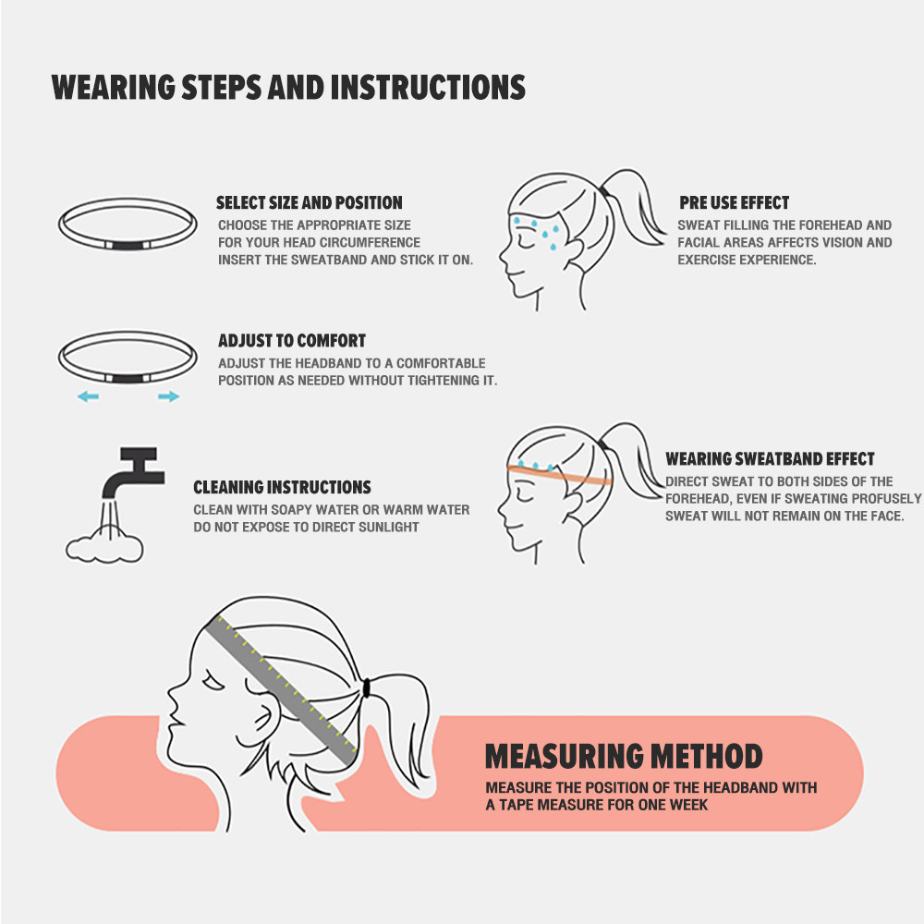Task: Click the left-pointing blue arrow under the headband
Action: [x=88, y=396]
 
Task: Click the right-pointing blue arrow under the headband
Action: [x=168, y=396]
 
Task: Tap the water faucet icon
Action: [x=132, y=471]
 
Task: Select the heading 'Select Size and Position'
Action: [x=310, y=202]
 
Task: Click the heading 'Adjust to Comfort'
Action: [x=292, y=341]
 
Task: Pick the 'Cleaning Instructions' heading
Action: [x=282, y=487]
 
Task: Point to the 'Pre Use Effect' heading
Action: [x=735, y=202]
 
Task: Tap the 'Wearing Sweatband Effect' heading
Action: [x=771, y=458]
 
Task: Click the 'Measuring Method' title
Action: [x=624, y=757]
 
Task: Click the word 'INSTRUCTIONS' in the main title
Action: [x=429, y=87]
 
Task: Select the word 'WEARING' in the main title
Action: [x=114, y=87]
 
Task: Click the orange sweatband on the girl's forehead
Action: [x=559, y=474]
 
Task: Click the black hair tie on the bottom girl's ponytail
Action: [x=367, y=687]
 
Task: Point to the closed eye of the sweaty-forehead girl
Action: [x=524, y=241]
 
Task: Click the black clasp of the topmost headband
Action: [x=128, y=245]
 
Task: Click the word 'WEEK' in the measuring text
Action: [x=688, y=805]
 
